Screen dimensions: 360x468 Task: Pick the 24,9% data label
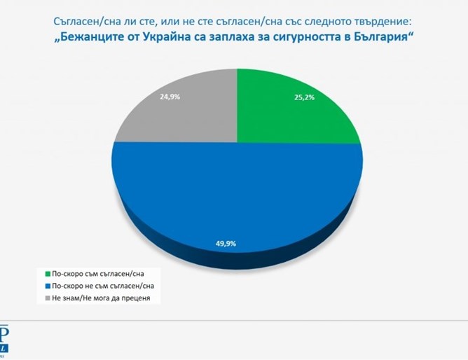click(169, 97)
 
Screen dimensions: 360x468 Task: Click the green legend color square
click(47, 273)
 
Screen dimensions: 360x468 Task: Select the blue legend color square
click(47, 286)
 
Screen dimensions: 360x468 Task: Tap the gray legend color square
click(47, 298)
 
